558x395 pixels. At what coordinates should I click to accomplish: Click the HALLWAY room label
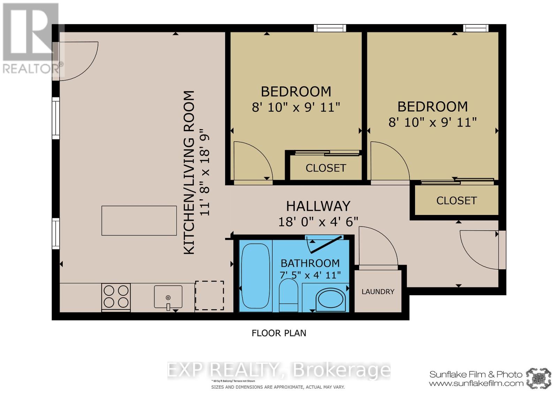pyautogui.click(x=318, y=206)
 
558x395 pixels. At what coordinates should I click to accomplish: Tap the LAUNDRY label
pyautogui.click(x=378, y=292)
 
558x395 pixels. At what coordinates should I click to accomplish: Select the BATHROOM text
pyautogui.click(x=310, y=263)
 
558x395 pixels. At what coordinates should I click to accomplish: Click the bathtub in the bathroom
pyautogui.click(x=256, y=276)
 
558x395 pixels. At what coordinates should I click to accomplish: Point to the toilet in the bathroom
pyautogui.click(x=288, y=295)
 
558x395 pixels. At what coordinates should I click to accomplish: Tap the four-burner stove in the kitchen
pyautogui.click(x=116, y=297)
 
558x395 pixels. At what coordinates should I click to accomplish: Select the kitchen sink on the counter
pyautogui.click(x=168, y=297)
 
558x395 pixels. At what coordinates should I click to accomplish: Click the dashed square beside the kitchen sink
pyautogui.click(x=209, y=295)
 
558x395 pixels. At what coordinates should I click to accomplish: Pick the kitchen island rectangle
pyautogui.click(x=139, y=221)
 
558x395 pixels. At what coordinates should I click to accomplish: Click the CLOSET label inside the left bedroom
pyautogui.click(x=326, y=168)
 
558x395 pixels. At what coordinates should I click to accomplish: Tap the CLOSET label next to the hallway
pyautogui.click(x=456, y=201)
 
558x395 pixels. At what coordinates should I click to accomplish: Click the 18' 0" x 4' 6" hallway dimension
pyautogui.click(x=318, y=222)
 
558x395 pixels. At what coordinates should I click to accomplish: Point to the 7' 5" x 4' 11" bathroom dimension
pyautogui.click(x=310, y=275)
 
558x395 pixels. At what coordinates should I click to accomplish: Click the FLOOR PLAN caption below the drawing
pyautogui.click(x=279, y=333)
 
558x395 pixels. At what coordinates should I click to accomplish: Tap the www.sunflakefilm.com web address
pyautogui.click(x=476, y=383)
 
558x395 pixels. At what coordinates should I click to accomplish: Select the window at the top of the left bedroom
pyautogui.click(x=330, y=28)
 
